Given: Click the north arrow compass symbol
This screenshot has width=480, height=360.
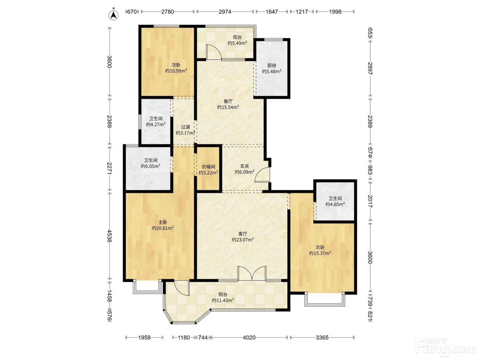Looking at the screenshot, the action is (x=113, y=15).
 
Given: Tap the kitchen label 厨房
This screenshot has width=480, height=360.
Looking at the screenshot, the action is (x=272, y=65).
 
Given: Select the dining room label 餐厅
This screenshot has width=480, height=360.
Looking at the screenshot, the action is (x=228, y=101).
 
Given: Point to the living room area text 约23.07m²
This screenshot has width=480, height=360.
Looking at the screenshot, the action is (x=243, y=240).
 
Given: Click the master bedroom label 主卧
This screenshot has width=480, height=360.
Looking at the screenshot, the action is (x=163, y=222).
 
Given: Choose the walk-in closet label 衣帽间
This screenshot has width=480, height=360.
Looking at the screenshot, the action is (x=208, y=167).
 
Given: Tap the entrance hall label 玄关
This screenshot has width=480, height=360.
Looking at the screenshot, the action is (x=244, y=166).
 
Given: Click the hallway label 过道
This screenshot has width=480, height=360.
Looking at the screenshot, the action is (x=185, y=127).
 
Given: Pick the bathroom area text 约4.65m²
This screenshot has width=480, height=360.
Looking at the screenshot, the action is (x=335, y=204).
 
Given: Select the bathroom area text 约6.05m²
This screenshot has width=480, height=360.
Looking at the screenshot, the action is (x=151, y=166).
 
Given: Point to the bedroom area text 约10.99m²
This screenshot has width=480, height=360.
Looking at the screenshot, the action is (x=176, y=71).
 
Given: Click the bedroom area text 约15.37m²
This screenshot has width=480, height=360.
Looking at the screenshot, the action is (x=320, y=253).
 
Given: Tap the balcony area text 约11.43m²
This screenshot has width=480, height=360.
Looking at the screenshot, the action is (x=223, y=300).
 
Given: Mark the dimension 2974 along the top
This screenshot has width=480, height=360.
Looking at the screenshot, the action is (x=225, y=12).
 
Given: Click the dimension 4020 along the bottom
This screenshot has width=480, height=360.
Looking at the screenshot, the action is (x=249, y=338).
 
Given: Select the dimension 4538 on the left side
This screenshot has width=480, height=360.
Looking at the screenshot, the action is (x=110, y=236).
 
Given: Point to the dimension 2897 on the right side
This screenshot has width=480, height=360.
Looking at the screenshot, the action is (x=370, y=69).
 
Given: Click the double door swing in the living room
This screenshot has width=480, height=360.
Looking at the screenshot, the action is (x=252, y=273).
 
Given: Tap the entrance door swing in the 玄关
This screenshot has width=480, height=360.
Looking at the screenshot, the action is (x=262, y=175).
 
